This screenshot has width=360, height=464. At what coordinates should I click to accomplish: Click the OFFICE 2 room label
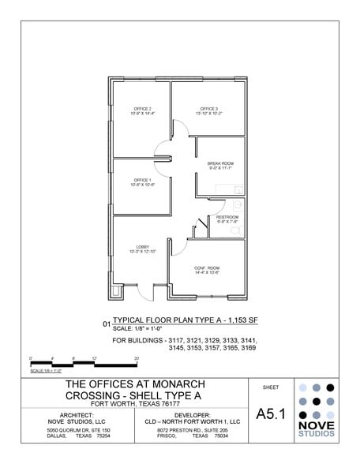click(x=142, y=109)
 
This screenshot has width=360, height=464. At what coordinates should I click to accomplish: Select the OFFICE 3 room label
click(x=208, y=109)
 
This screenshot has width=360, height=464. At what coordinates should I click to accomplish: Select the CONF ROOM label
click(x=207, y=268)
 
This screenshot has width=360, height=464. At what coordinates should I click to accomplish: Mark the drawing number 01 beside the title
click(x=107, y=324)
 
